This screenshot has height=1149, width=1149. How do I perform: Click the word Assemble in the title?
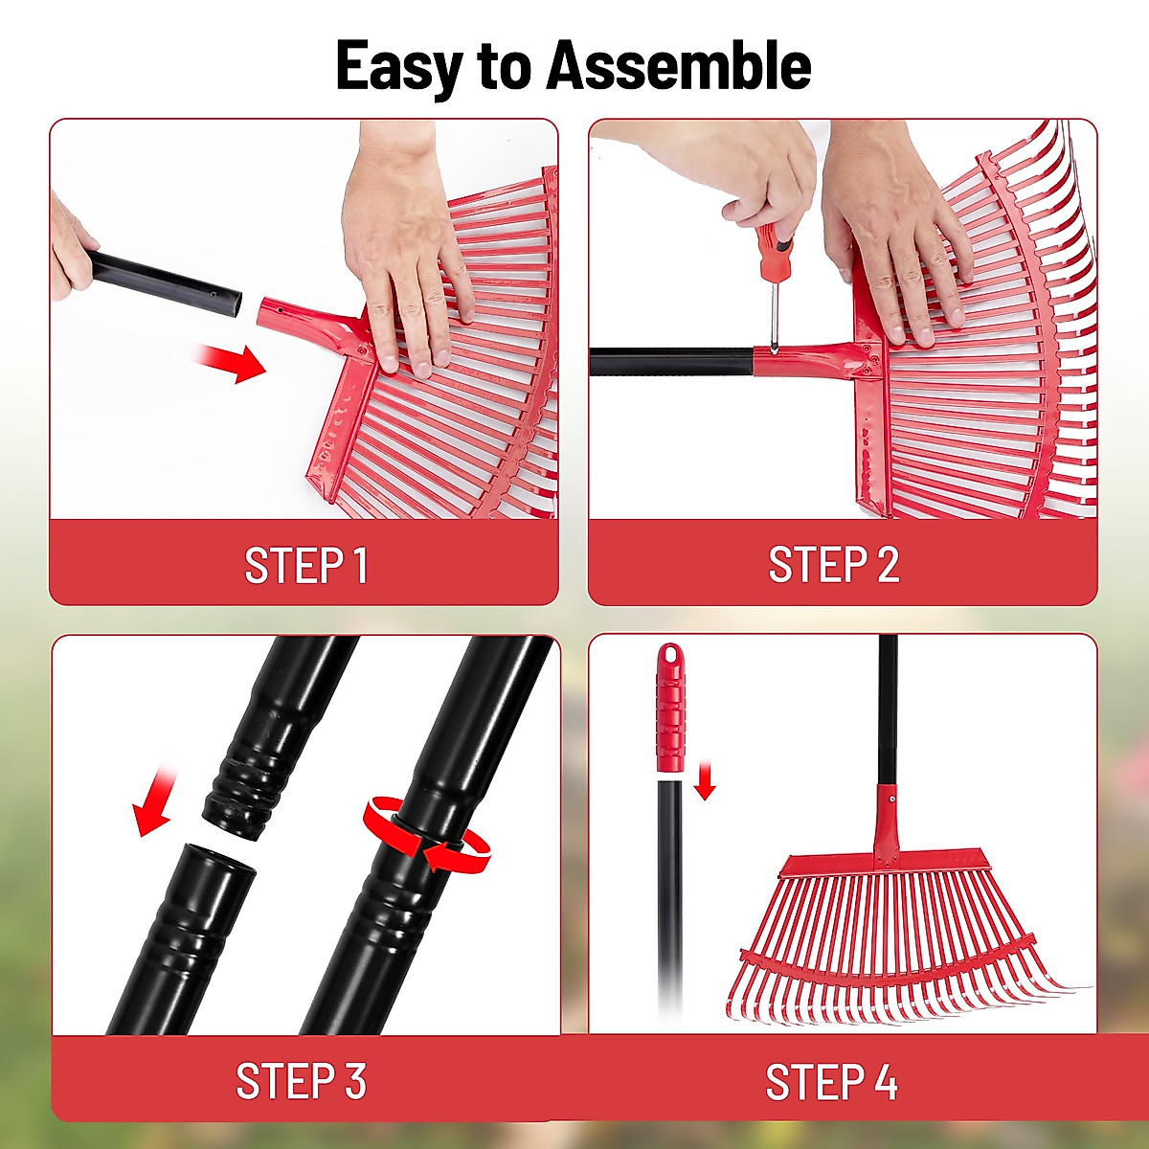click(x=679, y=67)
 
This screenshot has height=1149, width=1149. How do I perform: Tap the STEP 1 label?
click(x=305, y=565)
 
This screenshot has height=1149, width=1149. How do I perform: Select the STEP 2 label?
click(x=834, y=565)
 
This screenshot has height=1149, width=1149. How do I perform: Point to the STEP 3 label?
click(x=301, y=1081)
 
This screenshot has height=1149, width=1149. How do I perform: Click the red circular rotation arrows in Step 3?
click(x=425, y=832)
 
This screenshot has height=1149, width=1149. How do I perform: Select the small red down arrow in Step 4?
click(x=705, y=780)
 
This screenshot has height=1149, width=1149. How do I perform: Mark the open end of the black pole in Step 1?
click(x=231, y=305)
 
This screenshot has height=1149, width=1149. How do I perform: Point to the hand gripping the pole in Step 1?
click(x=71, y=248)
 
